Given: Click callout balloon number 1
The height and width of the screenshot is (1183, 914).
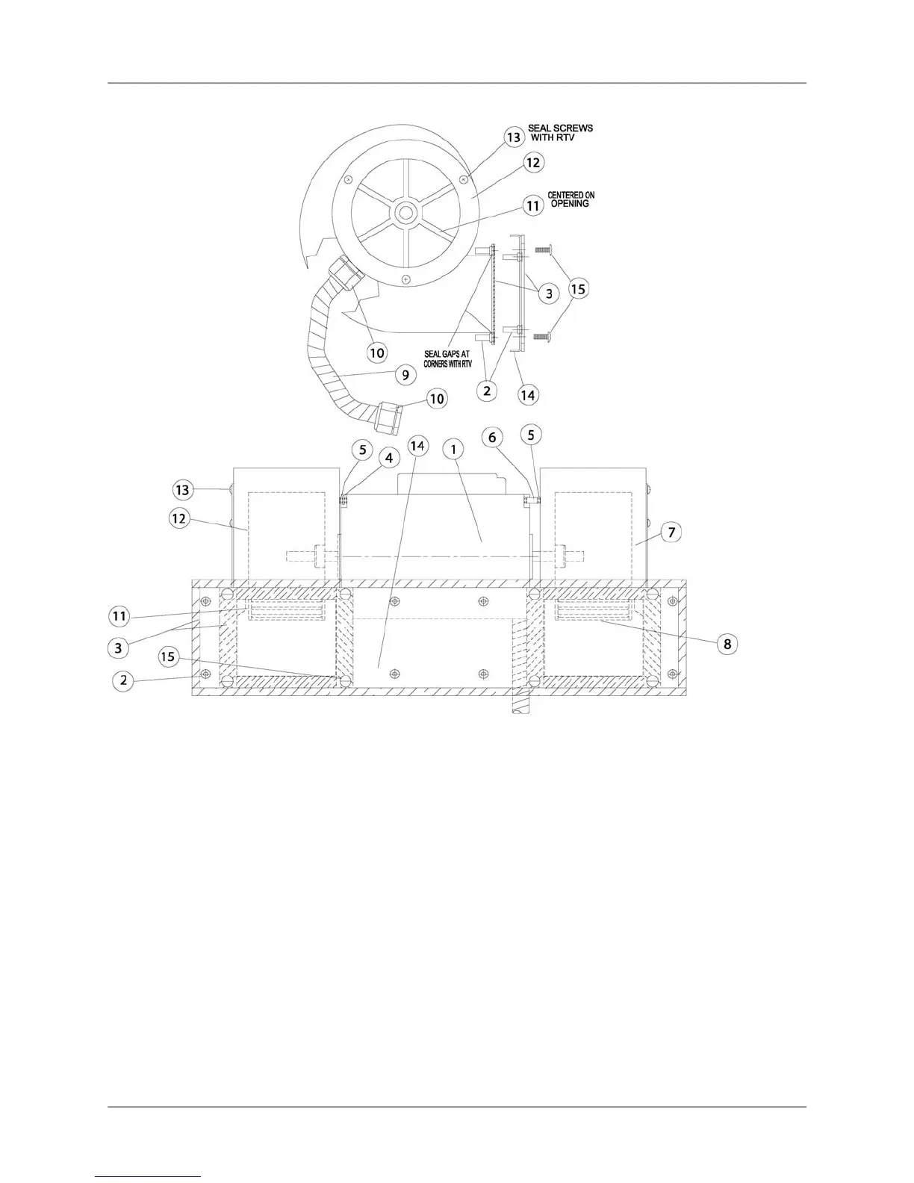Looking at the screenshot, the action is (453, 449).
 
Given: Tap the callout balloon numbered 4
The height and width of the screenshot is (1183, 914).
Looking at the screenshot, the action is (389, 459).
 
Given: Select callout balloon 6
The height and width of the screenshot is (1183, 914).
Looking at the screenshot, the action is (492, 437).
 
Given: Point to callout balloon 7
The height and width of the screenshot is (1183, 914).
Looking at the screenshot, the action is (671, 532).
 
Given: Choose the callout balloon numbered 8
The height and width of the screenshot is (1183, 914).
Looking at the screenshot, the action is (727, 644).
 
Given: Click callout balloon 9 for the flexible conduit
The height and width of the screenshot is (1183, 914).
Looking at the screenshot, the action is (405, 375).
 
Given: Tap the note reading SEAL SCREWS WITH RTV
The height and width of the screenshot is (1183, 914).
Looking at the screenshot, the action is (560, 133).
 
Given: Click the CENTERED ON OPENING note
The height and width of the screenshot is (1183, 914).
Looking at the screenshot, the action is (571, 199).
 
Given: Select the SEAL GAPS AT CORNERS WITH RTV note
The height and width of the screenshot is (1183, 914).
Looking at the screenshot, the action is (447, 359).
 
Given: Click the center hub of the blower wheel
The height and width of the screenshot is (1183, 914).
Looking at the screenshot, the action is (405, 211).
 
